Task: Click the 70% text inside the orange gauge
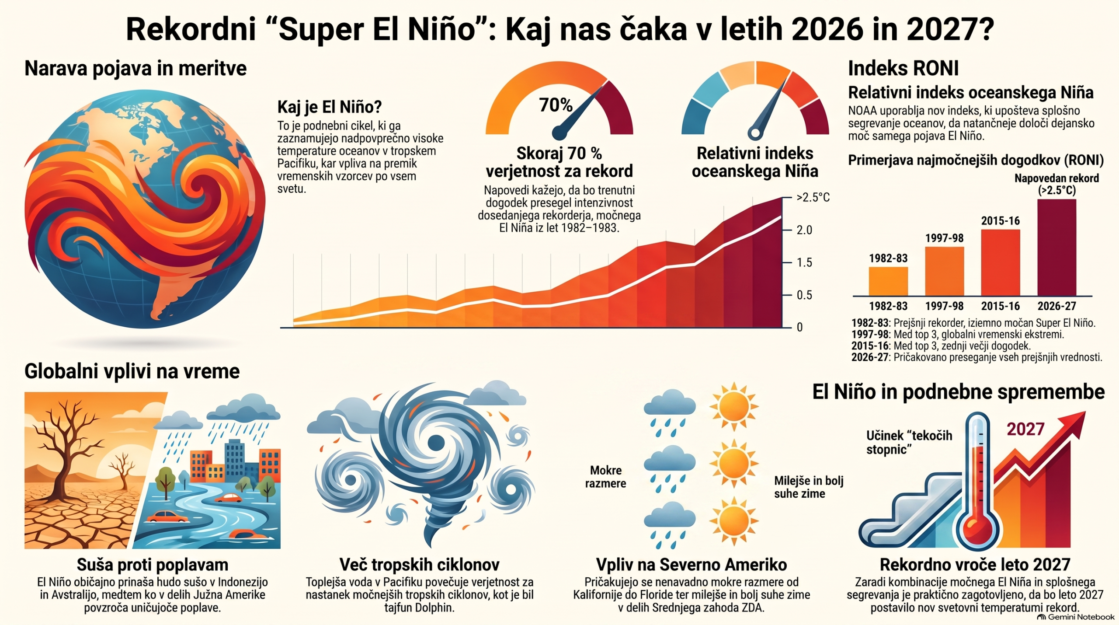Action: pos(556,105)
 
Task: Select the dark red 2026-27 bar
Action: pos(1056,248)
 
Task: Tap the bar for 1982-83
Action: pos(888,281)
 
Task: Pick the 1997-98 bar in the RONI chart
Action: pos(944,271)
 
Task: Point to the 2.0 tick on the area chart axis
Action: pos(804,230)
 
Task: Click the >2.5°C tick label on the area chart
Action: pos(813,198)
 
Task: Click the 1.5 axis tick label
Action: pos(804,262)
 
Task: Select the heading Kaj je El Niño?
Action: pos(330,107)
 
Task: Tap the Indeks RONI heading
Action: pos(903,69)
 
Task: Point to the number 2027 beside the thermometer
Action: pos(1025,429)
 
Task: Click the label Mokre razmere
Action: pos(605,477)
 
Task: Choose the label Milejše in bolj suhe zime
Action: pos(809,487)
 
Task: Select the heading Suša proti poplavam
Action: pos(153,565)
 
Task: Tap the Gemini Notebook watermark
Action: pos(1076,617)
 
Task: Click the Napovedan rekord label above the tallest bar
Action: pos(1056,184)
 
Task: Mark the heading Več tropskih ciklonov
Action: pos(419,565)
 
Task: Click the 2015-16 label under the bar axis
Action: pos(1000,306)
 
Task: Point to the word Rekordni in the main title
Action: pos(191,29)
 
